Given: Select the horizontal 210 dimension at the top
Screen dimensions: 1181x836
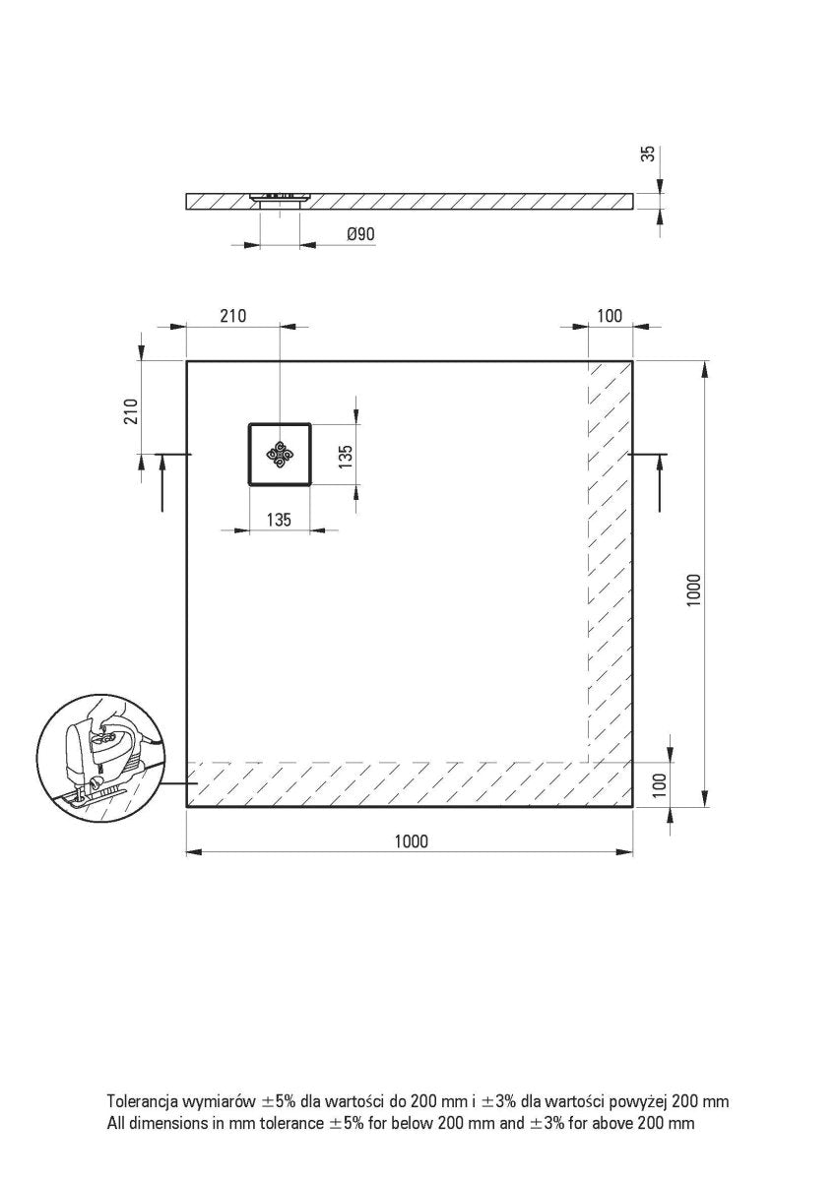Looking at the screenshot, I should pyautogui.click(x=232, y=315).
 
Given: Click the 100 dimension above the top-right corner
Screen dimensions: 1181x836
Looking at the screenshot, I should pyautogui.click(x=610, y=315).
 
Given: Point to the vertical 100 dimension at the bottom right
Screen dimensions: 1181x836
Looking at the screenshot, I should pyautogui.click(x=660, y=784).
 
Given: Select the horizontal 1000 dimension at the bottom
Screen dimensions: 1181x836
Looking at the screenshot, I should pyautogui.click(x=411, y=840).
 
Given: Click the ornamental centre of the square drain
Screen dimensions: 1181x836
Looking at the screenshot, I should pyautogui.click(x=281, y=454).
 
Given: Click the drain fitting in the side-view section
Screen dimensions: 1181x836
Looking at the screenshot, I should pyautogui.click(x=280, y=198).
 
